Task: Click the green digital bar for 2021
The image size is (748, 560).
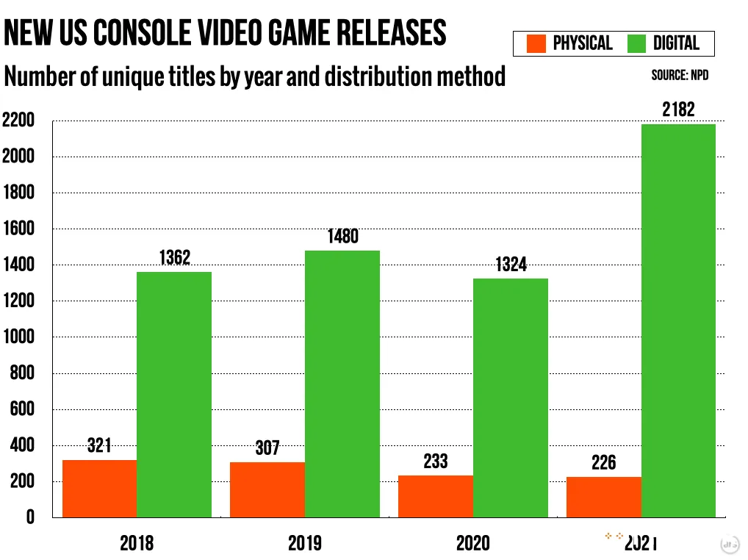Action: (677, 320)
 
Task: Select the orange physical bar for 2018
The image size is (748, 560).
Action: (99, 488)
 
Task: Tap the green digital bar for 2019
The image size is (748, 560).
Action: (342, 384)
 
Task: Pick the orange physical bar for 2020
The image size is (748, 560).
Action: (435, 496)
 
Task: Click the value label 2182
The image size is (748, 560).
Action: (677, 111)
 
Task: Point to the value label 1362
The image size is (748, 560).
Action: (174, 258)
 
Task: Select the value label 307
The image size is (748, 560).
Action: (267, 448)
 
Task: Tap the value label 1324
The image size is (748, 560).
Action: (510, 265)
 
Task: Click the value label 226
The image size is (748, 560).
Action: (603, 463)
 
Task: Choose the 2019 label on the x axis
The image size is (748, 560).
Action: (304, 544)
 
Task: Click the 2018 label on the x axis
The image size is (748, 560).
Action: (137, 544)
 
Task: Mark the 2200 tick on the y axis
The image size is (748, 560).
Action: (18, 121)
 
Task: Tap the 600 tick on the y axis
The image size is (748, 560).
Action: (23, 409)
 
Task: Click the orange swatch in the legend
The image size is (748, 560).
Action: (536, 43)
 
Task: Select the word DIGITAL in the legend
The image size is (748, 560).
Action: (675, 43)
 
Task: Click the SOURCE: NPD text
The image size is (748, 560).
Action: (680, 76)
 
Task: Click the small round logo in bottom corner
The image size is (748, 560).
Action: (729, 544)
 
